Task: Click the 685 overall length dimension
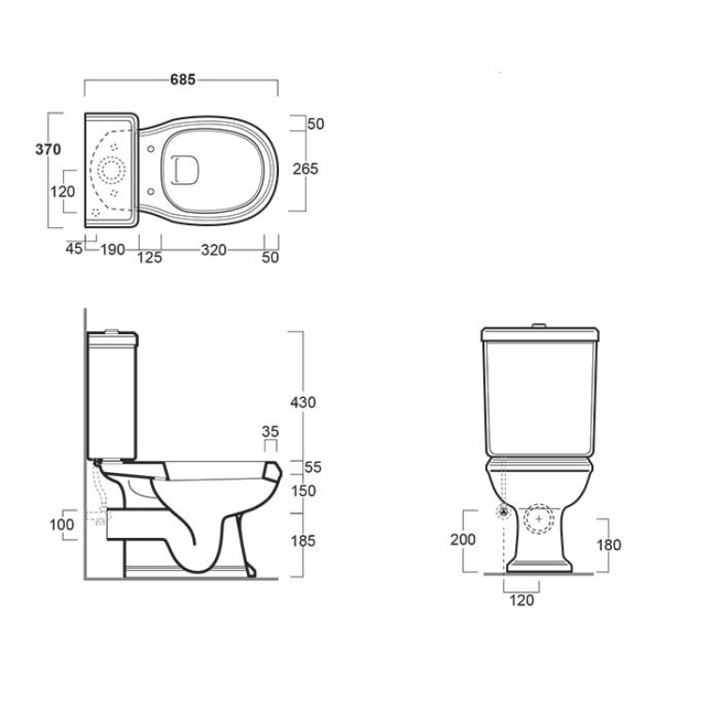click(183, 80)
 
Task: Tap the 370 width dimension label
click(48, 149)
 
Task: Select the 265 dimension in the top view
click(305, 169)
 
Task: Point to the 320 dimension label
click(213, 250)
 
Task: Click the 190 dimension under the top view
click(113, 250)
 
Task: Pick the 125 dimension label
click(149, 257)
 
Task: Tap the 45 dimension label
click(74, 249)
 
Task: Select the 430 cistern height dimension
click(303, 403)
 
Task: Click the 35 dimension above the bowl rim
click(270, 432)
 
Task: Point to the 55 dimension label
click(313, 467)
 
